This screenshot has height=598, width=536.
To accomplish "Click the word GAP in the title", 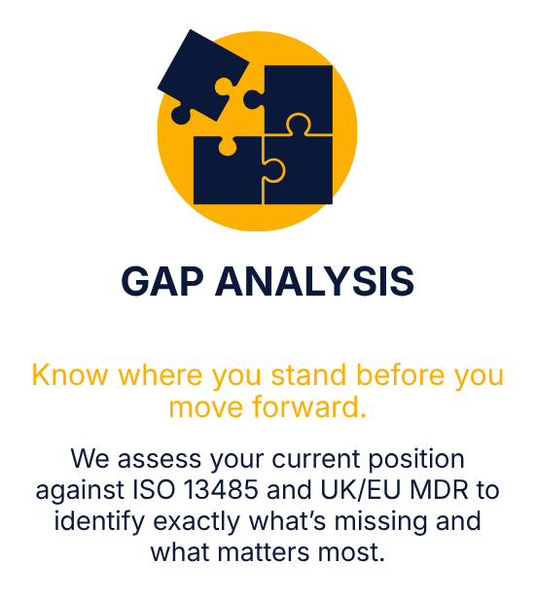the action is point(162,281).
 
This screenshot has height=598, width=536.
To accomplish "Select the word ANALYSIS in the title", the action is point(315,281).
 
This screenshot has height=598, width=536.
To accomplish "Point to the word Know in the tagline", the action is point(70,375).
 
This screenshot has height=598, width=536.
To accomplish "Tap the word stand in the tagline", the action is point(308,375).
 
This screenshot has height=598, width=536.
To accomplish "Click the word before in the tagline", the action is point(400,375).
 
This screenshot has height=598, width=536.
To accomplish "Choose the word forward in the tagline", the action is point(309,406).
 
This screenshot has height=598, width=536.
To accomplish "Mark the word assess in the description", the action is point(160,459).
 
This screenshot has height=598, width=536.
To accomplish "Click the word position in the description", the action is point(416,460).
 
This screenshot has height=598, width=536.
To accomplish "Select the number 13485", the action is point(221,490).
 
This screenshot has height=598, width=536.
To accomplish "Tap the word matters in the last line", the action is point(264,552).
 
